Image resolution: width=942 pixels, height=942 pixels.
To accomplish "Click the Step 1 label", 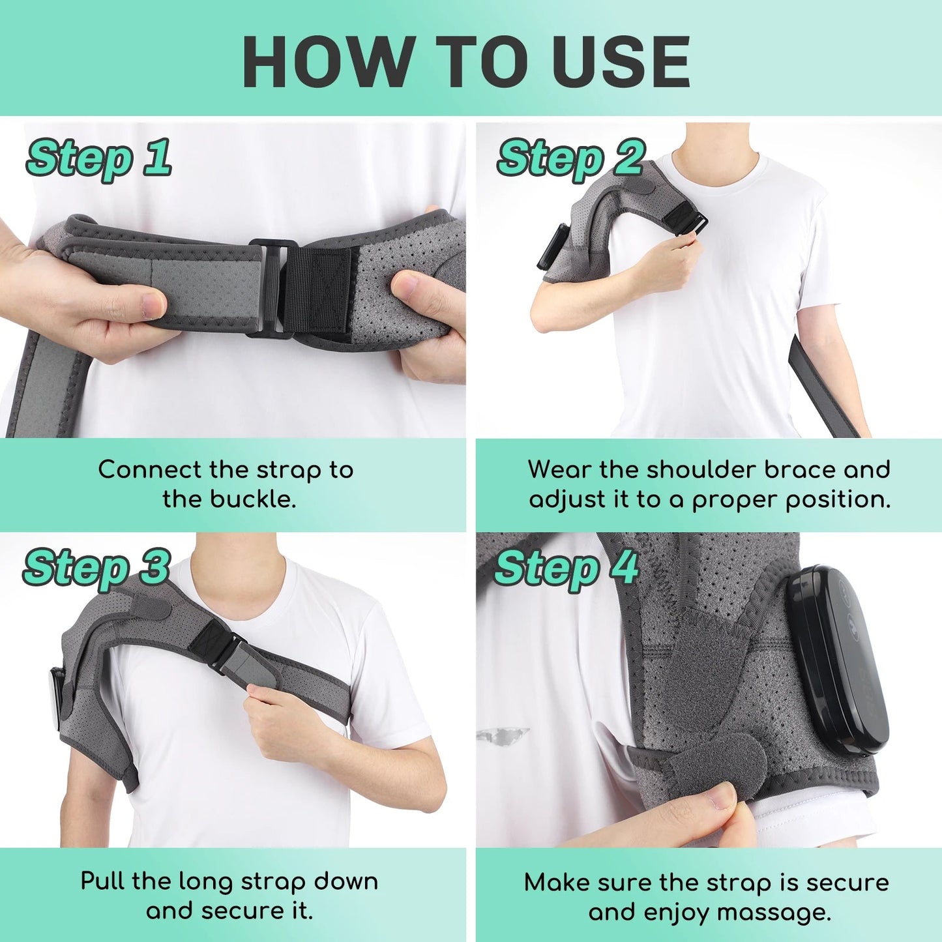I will point(98,158).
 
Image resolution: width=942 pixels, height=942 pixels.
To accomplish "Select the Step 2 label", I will point(570,158).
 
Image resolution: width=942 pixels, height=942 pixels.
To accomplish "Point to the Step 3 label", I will point(96,568).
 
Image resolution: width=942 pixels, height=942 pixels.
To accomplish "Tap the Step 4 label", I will point(566,568).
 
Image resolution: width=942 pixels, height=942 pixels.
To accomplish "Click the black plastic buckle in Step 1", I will point(271,287).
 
